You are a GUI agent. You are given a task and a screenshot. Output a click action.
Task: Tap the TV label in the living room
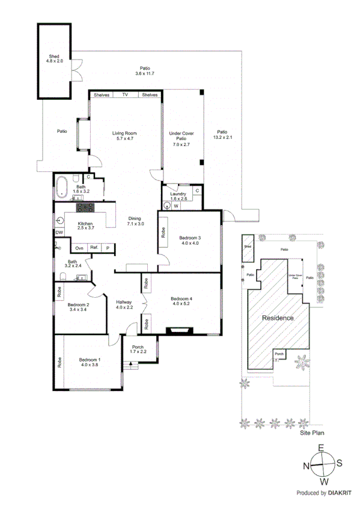(126, 95)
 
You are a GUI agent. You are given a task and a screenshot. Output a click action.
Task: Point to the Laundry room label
(178, 194)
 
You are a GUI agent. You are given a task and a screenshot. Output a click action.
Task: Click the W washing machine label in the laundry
(176, 206)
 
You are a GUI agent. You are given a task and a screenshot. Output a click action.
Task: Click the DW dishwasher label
(59, 233)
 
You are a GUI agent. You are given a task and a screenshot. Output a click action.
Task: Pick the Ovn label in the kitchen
(79, 247)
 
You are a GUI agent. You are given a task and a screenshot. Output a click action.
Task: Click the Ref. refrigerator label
(94, 247)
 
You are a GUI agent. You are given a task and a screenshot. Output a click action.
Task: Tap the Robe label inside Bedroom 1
(59, 363)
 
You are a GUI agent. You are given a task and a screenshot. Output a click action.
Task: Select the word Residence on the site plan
(277, 318)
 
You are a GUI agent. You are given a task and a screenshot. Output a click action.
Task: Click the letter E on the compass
(321, 448)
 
